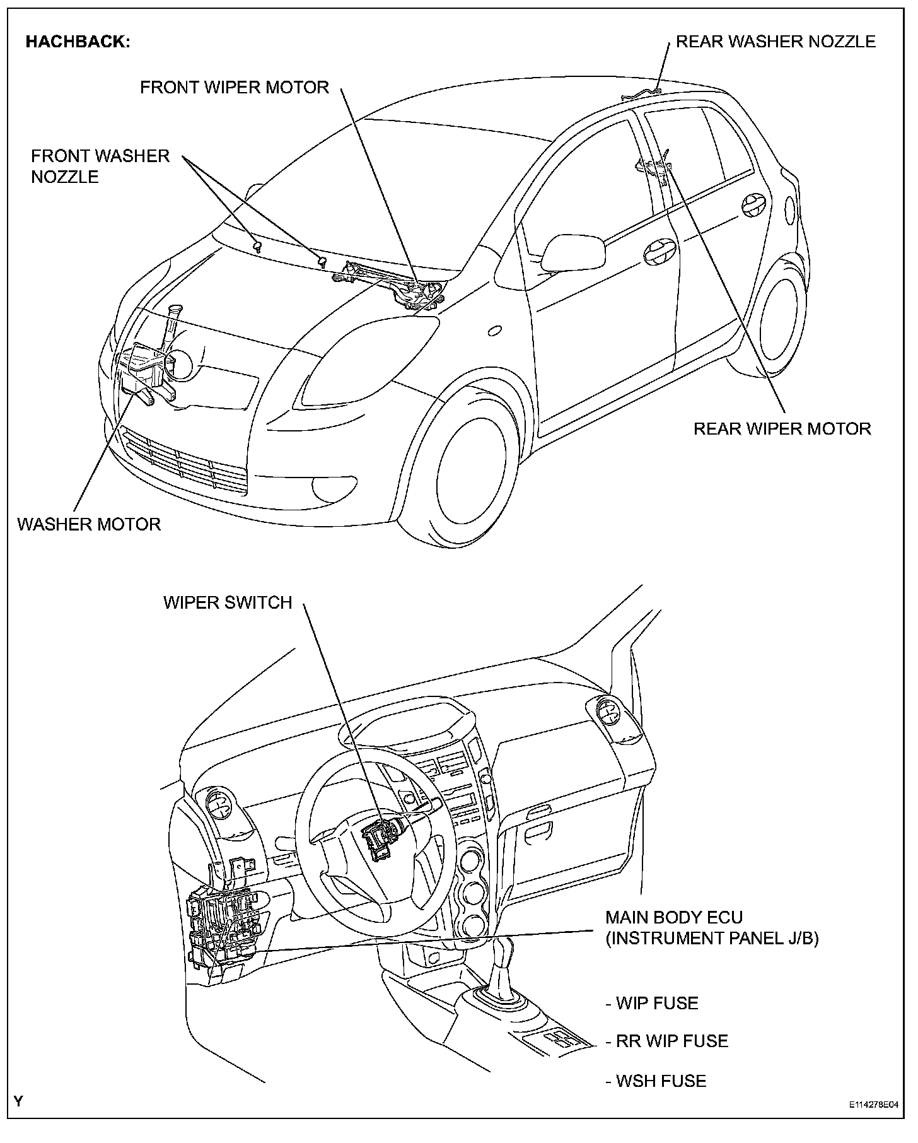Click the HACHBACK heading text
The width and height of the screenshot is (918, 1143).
pyautogui.click(x=78, y=42)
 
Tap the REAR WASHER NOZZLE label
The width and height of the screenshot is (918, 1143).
pyautogui.click(x=775, y=42)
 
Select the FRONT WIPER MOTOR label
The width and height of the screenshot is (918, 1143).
pyautogui.click(x=234, y=88)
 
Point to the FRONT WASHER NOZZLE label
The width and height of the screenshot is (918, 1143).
pyautogui.click(x=100, y=166)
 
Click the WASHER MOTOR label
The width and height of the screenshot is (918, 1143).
pyautogui.click(x=89, y=524)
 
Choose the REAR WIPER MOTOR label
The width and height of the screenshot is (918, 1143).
pyautogui.click(x=782, y=429)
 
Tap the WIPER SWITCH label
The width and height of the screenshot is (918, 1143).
pyautogui.click(x=228, y=602)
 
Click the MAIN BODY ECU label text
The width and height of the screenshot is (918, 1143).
pyautogui.click(x=673, y=917)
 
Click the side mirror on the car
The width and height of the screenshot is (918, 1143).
pyautogui.click(x=573, y=252)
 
